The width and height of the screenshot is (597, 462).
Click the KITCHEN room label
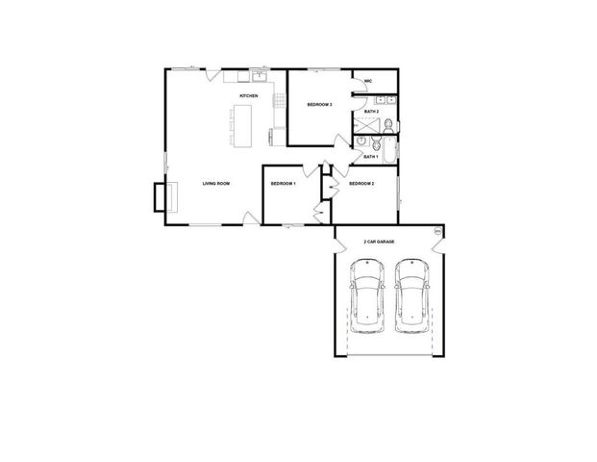(x=248, y=96)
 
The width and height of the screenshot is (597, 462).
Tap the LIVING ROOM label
(x=215, y=183)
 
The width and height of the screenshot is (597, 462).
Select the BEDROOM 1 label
(x=282, y=183)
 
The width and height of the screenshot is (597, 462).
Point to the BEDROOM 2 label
(x=361, y=183)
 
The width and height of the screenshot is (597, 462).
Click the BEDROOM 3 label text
(x=319, y=104)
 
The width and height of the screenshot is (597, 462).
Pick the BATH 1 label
(x=371, y=156)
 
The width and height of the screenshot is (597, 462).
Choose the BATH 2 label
(x=371, y=112)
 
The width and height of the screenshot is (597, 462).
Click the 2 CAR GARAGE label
(x=379, y=242)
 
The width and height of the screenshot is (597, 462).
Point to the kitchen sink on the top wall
(x=258, y=76)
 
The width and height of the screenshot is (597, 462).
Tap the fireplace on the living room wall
(x=161, y=196)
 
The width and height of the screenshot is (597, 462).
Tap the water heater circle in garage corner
(x=437, y=231)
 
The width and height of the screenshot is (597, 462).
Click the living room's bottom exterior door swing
(x=250, y=219)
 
